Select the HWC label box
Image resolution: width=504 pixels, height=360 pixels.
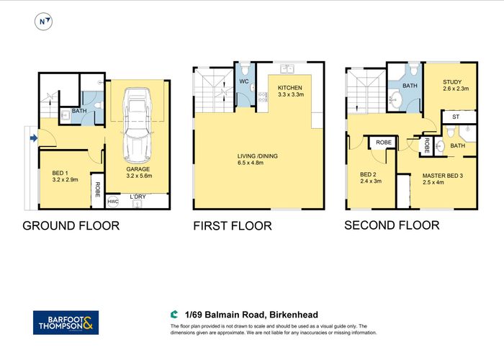pyautogui.click(x=112, y=202)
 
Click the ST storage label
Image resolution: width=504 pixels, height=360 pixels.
pyautogui.click(x=456, y=117)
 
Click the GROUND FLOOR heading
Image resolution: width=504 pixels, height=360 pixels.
pyautogui.click(x=71, y=225)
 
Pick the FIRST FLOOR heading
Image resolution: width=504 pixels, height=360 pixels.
pyautogui.click(x=232, y=226)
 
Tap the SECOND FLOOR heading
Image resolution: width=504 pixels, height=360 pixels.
pyautogui.click(x=391, y=225)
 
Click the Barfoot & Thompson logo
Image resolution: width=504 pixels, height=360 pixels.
pyautogui.click(x=66, y=322)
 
